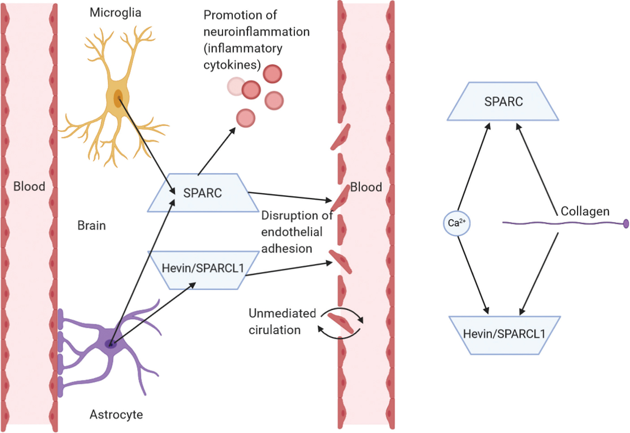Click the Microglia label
pyautogui.click(x=115, y=13)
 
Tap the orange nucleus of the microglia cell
pyautogui.click(x=118, y=98)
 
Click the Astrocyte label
pyautogui.click(x=116, y=414)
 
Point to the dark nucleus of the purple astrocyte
pyautogui.click(x=110, y=344)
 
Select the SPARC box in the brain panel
pyautogui.click(x=203, y=193)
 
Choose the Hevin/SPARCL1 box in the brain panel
pyautogui.click(x=203, y=269)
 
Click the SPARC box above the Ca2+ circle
pyautogui.click(x=503, y=102)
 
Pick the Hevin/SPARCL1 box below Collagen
pyautogui.click(x=504, y=334)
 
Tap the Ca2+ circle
pyautogui.click(x=457, y=223)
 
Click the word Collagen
pyautogui.click(x=585, y=211)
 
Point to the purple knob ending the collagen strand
pyautogui.click(x=626, y=223)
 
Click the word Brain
pyautogui.click(x=91, y=225)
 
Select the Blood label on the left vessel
pyautogui.click(x=29, y=186)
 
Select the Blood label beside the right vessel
pyautogui.click(x=366, y=187)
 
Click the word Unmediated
pyautogui.click(x=282, y=313)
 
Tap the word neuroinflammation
pyautogui.click(x=256, y=32)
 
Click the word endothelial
pyautogui.click(x=292, y=232)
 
